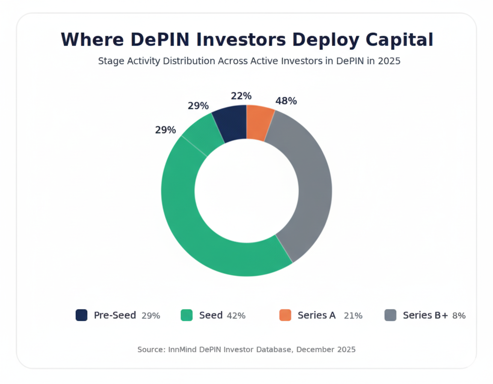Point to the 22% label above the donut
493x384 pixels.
241,96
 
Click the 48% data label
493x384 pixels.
286,101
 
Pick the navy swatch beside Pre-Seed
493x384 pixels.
81,315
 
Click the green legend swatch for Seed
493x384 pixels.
187,315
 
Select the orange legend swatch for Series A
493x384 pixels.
285,315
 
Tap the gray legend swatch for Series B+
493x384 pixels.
390,315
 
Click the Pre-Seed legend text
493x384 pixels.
115,315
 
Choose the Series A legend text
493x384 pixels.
316,315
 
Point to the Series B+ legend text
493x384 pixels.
425,315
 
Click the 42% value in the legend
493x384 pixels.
236,316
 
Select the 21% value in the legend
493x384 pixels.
353,316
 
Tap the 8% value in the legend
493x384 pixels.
459,316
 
